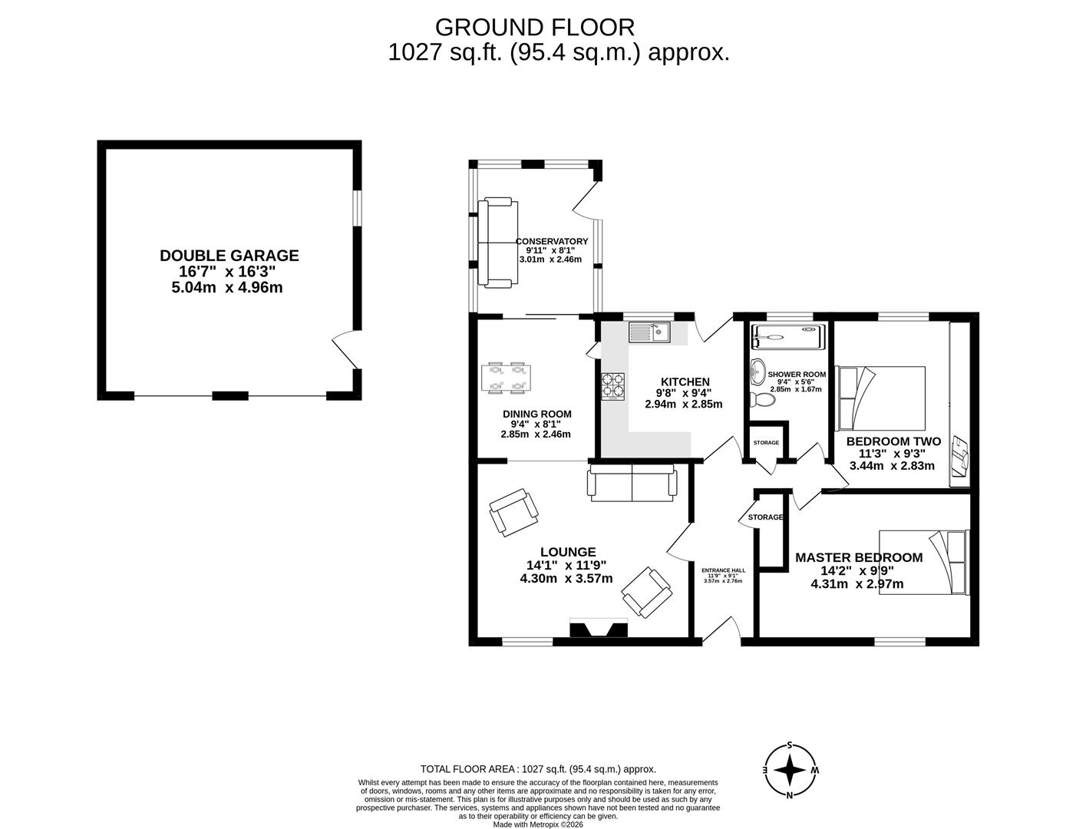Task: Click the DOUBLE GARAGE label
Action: (x=229, y=256)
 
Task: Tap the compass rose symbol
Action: (x=789, y=769)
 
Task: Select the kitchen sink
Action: (x=649, y=332)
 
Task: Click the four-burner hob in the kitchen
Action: (x=613, y=386)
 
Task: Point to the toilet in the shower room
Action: (x=762, y=399)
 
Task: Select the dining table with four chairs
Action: (x=505, y=378)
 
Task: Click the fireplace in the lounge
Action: (x=599, y=629)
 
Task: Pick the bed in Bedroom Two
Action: (x=881, y=398)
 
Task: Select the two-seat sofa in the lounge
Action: (x=632, y=483)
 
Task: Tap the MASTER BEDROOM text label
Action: (x=858, y=557)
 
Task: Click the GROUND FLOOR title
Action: (x=535, y=27)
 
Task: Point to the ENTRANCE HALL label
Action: (x=723, y=570)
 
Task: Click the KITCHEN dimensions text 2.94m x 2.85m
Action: (x=683, y=404)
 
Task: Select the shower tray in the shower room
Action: (x=787, y=335)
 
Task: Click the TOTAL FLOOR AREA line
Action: (x=537, y=769)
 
